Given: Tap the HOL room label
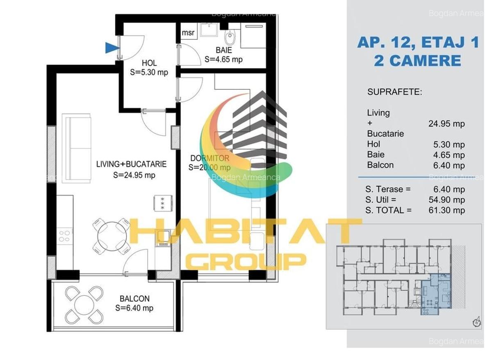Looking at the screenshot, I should (x=149, y=64).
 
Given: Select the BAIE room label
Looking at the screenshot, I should (x=224, y=50).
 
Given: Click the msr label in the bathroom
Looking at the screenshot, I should (x=188, y=33).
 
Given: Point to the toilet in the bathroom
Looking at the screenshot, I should (x=231, y=39).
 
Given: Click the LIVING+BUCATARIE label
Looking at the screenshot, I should (x=131, y=164).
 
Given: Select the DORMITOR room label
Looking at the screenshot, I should (x=210, y=158).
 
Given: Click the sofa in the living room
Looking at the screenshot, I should (x=76, y=148).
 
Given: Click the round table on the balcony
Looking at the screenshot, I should (x=84, y=304).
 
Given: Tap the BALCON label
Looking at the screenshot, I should (x=134, y=298).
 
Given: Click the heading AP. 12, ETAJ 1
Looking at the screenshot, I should (x=418, y=42).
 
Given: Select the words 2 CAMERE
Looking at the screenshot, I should (x=417, y=61).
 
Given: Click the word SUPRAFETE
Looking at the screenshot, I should (x=394, y=92).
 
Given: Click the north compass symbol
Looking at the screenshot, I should (x=476, y=321).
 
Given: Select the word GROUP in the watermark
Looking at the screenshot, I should (x=246, y=261).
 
